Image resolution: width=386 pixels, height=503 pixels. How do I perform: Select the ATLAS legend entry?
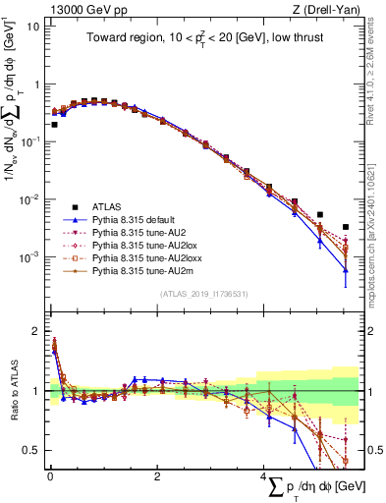tap(108, 207)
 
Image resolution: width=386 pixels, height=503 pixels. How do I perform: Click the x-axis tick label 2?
tap(157, 476)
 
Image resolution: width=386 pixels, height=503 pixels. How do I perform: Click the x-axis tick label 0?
tap(50, 476)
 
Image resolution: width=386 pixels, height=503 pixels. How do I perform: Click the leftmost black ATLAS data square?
tap(54, 125)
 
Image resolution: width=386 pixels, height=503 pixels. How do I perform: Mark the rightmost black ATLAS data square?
tap(345, 227)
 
